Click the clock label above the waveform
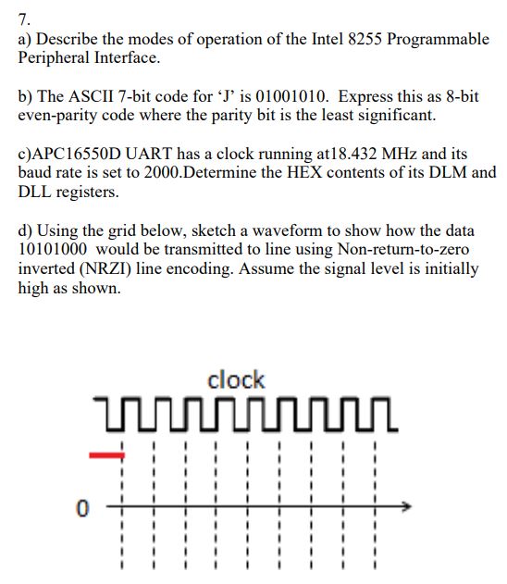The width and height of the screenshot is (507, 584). click(x=236, y=379)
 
